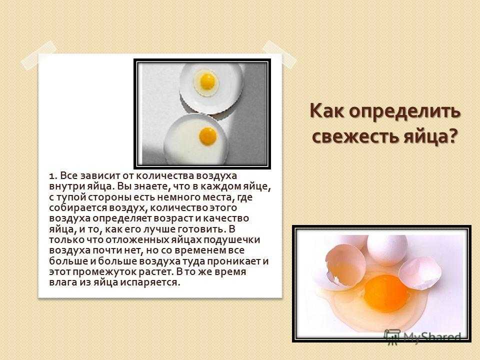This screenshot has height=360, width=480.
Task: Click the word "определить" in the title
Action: coord(405,111)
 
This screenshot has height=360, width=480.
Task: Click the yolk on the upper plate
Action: coord(207,80)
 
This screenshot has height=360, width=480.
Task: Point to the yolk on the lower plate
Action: coord(208,136)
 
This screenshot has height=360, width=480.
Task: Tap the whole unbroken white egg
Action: coord(386,249)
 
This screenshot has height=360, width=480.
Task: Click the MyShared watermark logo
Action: coord(422,336)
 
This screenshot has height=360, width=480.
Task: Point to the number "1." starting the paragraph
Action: coord(53,177)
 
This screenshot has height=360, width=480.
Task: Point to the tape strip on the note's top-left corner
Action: coord(38,56)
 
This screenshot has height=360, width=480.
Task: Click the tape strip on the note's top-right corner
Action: coord(279,55)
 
